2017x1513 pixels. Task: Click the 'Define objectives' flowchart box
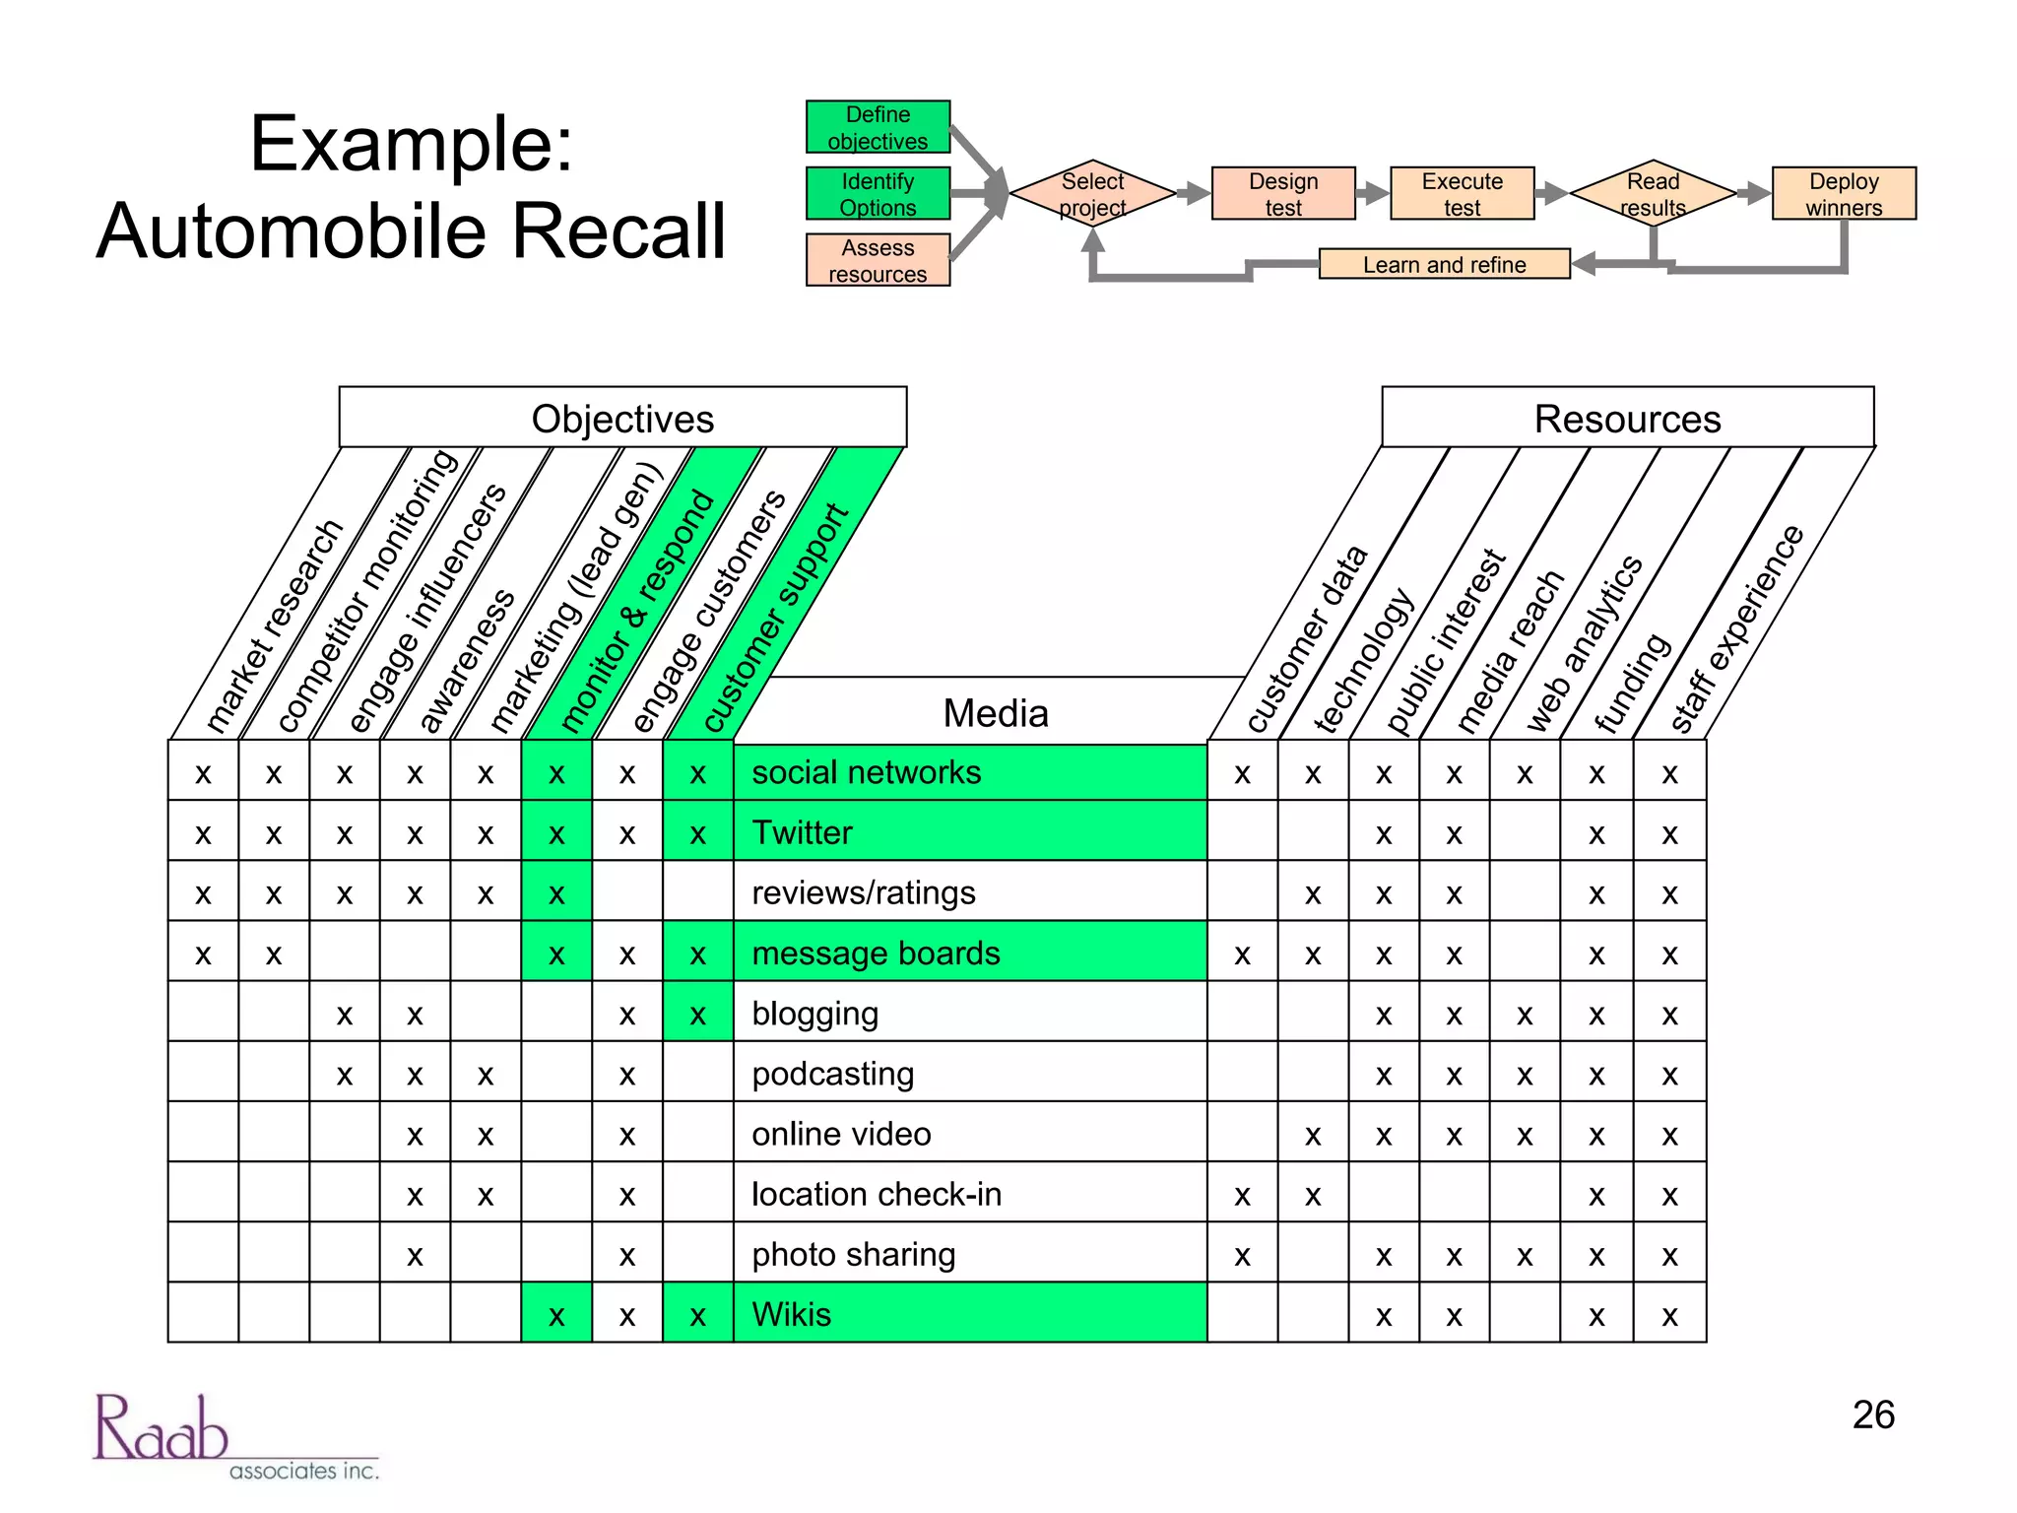coord(878,127)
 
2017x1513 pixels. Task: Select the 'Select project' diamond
coord(1092,194)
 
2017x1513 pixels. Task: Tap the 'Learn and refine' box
coord(1443,264)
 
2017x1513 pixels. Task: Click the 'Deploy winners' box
coord(1843,194)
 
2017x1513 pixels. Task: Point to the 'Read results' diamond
coord(1653,194)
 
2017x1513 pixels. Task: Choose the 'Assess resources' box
coord(878,260)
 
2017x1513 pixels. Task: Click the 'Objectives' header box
coord(622,419)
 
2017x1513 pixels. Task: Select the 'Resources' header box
coord(1627,419)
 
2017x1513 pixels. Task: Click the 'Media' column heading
coord(995,713)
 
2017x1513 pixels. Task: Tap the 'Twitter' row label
coord(802,832)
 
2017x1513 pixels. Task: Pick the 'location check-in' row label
coord(876,1194)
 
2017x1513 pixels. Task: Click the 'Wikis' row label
coord(791,1314)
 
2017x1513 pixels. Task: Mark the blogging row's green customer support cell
coord(697,1014)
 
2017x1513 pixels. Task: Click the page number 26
coord(1872,1414)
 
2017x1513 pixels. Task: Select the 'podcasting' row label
coord(832,1074)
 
